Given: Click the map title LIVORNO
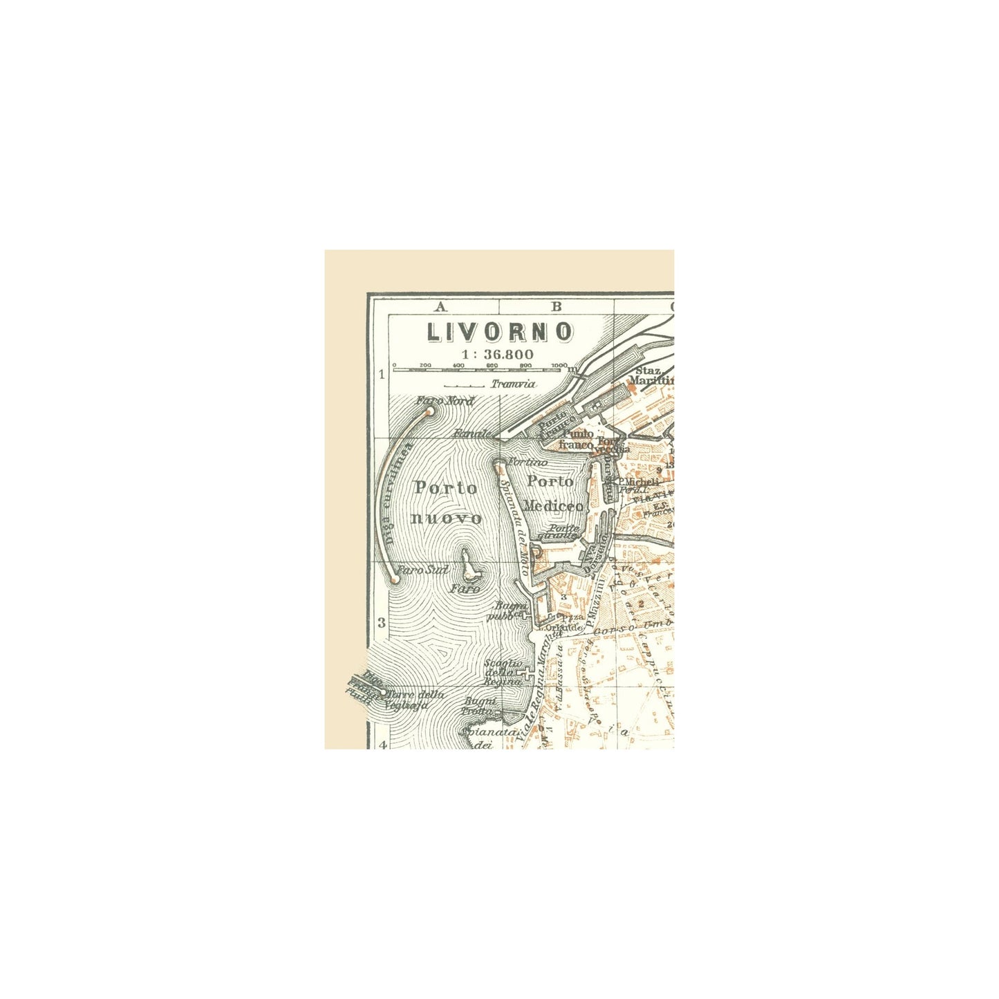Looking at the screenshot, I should click(x=499, y=332).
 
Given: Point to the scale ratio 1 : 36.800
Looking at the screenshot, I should click(x=499, y=354).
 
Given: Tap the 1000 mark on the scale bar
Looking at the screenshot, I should click(x=559, y=365).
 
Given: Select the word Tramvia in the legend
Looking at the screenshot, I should click(x=513, y=384).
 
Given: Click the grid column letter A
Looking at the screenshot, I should click(x=440, y=306).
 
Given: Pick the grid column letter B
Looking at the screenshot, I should click(x=556, y=306).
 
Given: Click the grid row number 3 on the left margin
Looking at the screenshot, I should click(x=381, y=622).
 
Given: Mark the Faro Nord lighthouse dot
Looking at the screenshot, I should click(x=429, y=411).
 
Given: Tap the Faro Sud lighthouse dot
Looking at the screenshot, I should click(x=395, y=579).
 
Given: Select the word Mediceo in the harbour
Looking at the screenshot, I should click(x=553, y=506).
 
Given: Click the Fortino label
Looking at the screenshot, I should click(x=528, y=462).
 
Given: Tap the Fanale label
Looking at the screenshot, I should click(x=472, y=434).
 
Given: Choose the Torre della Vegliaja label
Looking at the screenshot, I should click(x=415, y=700).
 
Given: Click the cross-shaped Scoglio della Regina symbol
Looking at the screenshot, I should click(x=527, y=674).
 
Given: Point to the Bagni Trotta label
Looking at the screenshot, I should click(x=482, y=706).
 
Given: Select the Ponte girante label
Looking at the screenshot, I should click(x=561, y=531).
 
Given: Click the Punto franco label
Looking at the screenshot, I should click(x=577, y=439).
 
